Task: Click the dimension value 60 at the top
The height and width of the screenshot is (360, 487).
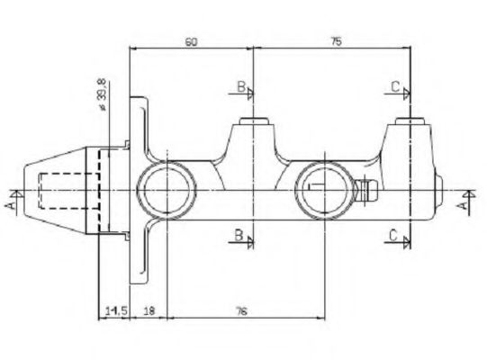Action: point(192,41)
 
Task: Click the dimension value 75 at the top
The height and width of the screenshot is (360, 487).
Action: point(336,41)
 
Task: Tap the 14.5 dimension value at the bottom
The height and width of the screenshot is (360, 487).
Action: point(116,310)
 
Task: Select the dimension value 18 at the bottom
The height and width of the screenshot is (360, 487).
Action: point(149,310)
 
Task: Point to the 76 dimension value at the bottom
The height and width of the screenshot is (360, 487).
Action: point(241,310)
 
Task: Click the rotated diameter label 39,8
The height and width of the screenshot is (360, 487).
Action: point(102,94)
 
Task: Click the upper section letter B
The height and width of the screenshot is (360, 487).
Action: point(241,86)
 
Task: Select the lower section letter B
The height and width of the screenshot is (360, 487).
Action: point(239,235)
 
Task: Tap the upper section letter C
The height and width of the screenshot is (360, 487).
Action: point(395,86)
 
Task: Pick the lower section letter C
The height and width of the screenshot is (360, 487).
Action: point(393,236)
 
